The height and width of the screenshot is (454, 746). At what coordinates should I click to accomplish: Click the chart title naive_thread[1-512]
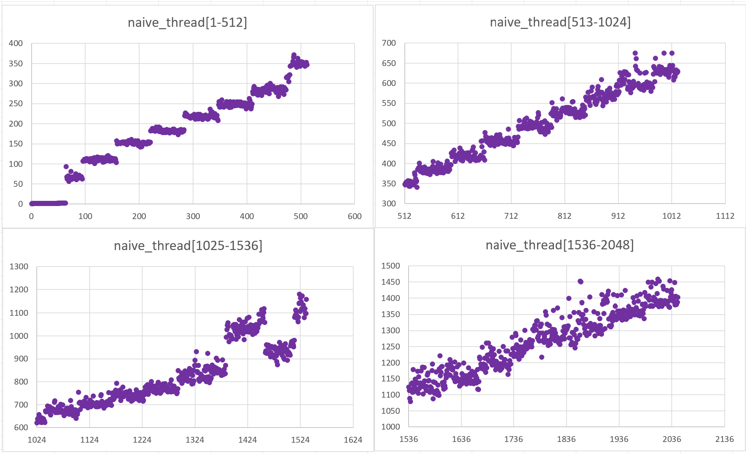187,23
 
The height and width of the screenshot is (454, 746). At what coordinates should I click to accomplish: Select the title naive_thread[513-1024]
560,22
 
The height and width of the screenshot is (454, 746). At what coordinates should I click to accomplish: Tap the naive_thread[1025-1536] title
188,246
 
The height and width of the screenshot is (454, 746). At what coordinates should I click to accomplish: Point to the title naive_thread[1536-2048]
559,245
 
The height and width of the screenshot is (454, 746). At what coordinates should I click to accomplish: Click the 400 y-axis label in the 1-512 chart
16,43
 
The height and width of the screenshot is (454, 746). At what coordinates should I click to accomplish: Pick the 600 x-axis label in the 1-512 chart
354,216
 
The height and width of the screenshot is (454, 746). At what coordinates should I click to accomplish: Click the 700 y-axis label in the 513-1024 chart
389,43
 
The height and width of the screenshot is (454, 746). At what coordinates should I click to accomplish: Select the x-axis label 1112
725,216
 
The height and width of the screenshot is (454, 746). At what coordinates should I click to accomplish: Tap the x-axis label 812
564,216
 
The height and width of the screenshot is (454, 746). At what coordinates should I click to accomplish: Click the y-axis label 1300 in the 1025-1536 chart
19,267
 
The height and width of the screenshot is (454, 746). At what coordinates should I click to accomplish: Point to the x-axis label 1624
353,440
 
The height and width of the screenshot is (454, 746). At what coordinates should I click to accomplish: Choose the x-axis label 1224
142,440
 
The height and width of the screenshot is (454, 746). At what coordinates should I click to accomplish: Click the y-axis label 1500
390,266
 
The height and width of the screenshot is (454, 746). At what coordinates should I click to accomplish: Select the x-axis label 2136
724,439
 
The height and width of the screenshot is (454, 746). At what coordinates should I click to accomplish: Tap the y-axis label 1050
390,411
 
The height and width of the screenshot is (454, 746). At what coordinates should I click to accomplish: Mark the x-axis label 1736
513,439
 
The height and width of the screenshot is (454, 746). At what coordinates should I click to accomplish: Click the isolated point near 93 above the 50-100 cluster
66,166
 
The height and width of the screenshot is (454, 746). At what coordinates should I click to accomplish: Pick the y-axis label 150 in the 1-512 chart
16,144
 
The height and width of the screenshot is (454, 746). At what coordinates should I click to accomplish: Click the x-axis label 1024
37,440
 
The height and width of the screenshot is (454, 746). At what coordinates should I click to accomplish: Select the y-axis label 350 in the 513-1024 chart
389,184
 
